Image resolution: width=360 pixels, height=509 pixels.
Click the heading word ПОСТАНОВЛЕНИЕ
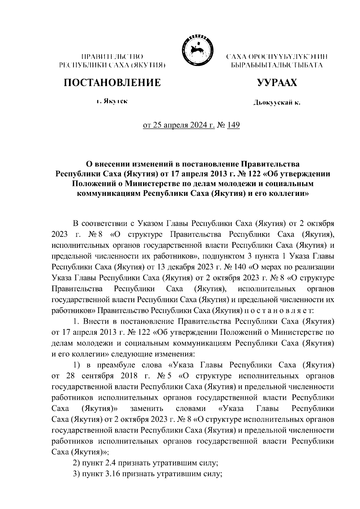112,82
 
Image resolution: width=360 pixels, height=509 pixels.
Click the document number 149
233,125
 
